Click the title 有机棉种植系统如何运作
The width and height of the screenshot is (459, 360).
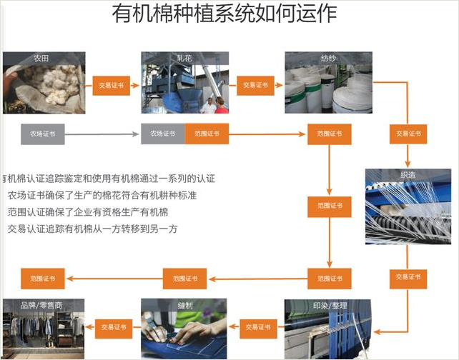point(224,14)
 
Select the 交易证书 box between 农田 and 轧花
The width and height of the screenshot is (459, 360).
point(112,85)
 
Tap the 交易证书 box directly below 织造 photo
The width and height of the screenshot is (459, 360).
point(408,277)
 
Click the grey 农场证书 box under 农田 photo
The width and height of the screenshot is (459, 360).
point(43,134)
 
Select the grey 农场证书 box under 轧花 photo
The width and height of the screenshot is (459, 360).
point(163,134)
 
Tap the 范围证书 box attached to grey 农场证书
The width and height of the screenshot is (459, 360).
point(207,134)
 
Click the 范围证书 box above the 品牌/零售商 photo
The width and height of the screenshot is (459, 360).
point(43,278)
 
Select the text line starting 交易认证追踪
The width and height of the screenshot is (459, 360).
point(92,229)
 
